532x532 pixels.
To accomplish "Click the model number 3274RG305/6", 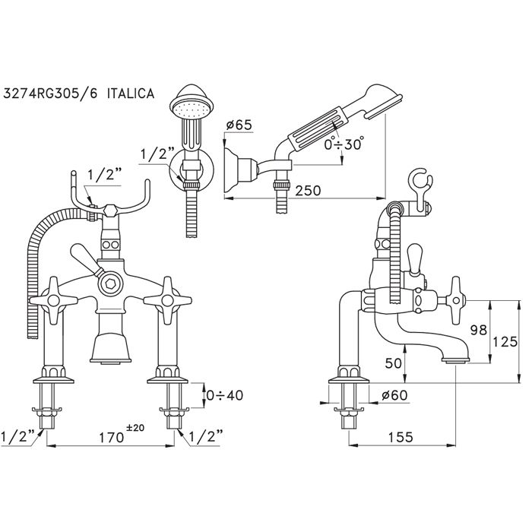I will (58, 93).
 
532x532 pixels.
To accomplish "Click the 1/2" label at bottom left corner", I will (15, 438).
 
